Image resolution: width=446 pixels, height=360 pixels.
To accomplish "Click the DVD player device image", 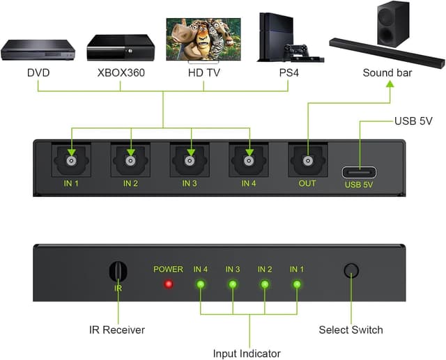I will pyautogui.click(x=38, y=49).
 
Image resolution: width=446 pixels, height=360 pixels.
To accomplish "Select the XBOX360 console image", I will pyautogui.click(x=120, y=47).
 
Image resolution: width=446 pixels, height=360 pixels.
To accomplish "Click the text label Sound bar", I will pyautogui.click(x=387, y=72).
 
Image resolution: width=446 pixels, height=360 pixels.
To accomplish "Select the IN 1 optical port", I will pyautogui.click(x=71, y=161).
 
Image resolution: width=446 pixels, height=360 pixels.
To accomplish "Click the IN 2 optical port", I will pyautogui.click(x=130, y=161).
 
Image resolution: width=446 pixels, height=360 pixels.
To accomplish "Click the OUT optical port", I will pyautogui.click(x=307, y=161).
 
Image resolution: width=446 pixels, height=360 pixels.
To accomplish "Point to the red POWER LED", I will pyautogui.click(x=168, y=284).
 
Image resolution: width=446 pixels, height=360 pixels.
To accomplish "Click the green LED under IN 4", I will pyautogui.click(x=201, y=284).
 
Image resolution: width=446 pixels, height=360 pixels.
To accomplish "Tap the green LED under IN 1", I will pyautogui.click(x=297, y=284).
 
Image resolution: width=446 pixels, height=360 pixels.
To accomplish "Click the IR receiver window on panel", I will pyautogui.click(x=118, y=272).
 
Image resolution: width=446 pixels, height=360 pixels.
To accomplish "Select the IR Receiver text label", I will pyautogui.click(x=117, y=329).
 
